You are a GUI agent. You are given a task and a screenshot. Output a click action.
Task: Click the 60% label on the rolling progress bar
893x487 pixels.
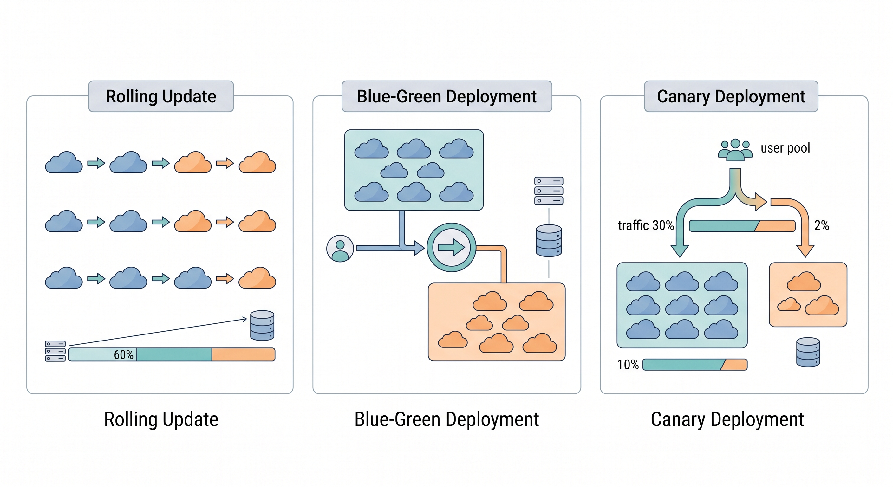pos(123,354)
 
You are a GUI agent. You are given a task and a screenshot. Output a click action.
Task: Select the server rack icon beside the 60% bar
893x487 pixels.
pos(55,351)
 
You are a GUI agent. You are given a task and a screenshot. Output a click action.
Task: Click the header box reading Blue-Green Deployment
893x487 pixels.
pos(446,96)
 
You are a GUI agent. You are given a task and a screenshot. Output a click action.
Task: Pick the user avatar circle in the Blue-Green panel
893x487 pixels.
pos(340,249)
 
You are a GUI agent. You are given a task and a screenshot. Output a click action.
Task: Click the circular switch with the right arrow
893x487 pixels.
pos(451,247)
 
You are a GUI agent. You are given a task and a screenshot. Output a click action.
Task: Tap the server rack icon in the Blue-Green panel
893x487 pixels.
pos(548,191)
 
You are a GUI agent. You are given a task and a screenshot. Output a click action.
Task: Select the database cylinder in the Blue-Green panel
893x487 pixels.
pos(548,241)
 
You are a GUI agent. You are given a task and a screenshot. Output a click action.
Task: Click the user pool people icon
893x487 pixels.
pos(735,150)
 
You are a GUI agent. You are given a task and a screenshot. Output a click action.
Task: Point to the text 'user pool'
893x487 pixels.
pos(785,148)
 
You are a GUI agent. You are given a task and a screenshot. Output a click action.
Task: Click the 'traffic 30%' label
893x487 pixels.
pos(645,225)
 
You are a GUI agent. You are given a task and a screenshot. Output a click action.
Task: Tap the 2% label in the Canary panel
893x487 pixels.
pos(821,225)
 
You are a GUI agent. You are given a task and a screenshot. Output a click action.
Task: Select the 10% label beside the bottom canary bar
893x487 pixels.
pos(628,365)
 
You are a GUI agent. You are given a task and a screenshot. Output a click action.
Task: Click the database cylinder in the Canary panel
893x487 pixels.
pos(808,352)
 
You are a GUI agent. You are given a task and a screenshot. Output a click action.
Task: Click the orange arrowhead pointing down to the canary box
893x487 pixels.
pos(805,250)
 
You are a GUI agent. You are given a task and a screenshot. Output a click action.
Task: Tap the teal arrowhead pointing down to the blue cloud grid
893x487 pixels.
pos(680,250)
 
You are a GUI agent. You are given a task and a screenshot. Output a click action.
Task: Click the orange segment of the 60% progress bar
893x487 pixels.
pos(243,354)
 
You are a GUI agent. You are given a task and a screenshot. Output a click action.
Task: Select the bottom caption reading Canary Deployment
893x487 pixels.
pos(727,419)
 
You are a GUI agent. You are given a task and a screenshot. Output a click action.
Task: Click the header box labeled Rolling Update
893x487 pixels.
pos(161,96)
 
